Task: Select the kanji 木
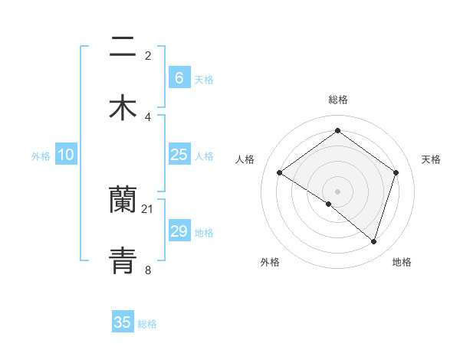point(123,107)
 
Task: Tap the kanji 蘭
point(123,201)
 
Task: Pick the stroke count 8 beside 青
point(148,269)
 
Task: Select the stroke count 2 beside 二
point(148,56)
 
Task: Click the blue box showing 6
point(179,78)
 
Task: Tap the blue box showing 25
point(179,155)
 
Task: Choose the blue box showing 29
point(179,231)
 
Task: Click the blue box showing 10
point(66,155)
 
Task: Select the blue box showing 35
point(123,322)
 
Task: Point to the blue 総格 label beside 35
point(147,324)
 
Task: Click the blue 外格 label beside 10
point(41,156)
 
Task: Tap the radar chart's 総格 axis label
point(338,100)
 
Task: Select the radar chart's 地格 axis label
point(402,262)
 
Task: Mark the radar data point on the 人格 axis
point(279,173)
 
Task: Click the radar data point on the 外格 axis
point(329,204)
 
